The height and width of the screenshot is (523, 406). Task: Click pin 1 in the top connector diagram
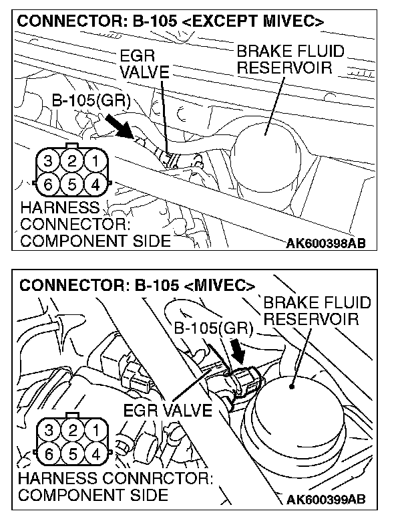point(96,161)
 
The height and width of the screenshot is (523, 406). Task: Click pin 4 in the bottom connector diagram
point(96,453)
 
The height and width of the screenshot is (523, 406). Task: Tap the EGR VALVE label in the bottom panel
point(168,409)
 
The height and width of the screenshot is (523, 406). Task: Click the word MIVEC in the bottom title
point(218,286)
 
